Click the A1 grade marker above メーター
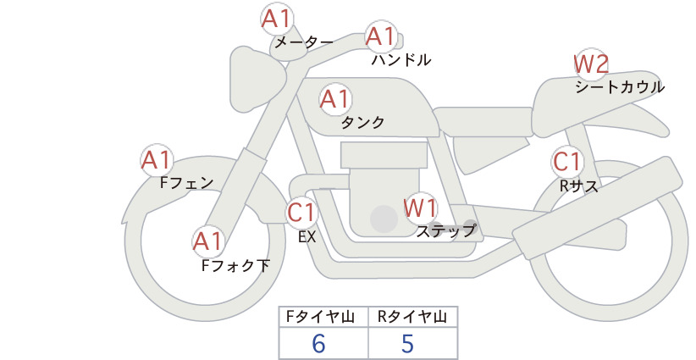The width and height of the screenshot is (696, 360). click(276, 19)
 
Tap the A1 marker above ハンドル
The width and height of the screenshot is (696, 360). click(381, 36)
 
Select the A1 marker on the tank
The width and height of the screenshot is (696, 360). click(335, 99)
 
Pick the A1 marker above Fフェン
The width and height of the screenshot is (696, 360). click(157, 160)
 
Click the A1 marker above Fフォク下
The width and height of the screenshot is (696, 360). click(207, 242)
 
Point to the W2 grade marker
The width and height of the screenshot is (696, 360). click(591, 64)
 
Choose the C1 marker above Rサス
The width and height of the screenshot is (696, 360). click(567, 162)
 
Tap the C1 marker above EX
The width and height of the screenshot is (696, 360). click(301, 212)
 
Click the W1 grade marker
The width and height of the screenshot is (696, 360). click(420, 208)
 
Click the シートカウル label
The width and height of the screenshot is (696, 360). click(620, 87)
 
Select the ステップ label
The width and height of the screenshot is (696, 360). click(445, 231)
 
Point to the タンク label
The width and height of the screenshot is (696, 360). click(362, 123)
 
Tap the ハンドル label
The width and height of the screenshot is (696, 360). click(401, 59)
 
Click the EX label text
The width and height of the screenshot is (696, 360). click(307, 237)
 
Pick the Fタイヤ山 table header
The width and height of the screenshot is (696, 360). click(320, 317)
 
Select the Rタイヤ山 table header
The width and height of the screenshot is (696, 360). click(412, 317)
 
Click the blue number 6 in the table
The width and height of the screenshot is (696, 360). click(318, 343)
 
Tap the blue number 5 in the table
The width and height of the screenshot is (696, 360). click(407, 343)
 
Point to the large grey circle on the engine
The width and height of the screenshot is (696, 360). click(384, 219)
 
